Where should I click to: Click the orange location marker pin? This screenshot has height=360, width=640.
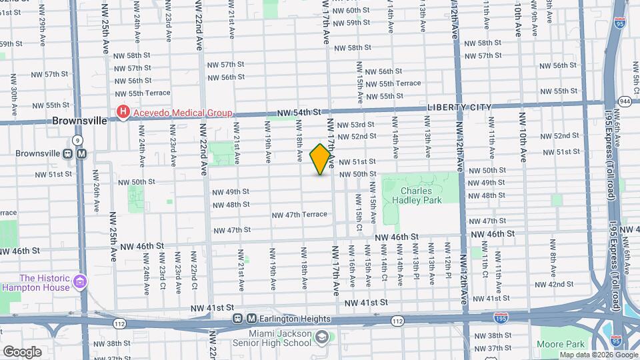click(321, 159)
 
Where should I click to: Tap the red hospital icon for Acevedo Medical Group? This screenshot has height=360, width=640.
click(122, 113)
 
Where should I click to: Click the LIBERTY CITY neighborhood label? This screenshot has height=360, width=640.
click(459, 107)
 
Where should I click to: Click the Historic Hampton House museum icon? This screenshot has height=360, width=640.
click(81, 283)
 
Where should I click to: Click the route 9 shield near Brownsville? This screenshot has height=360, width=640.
click(78, 140)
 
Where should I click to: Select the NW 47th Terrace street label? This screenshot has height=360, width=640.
click(299, 214)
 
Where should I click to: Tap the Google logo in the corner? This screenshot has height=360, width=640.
click(22, 351)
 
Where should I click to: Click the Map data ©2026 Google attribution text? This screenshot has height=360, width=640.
click(597, 355)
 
